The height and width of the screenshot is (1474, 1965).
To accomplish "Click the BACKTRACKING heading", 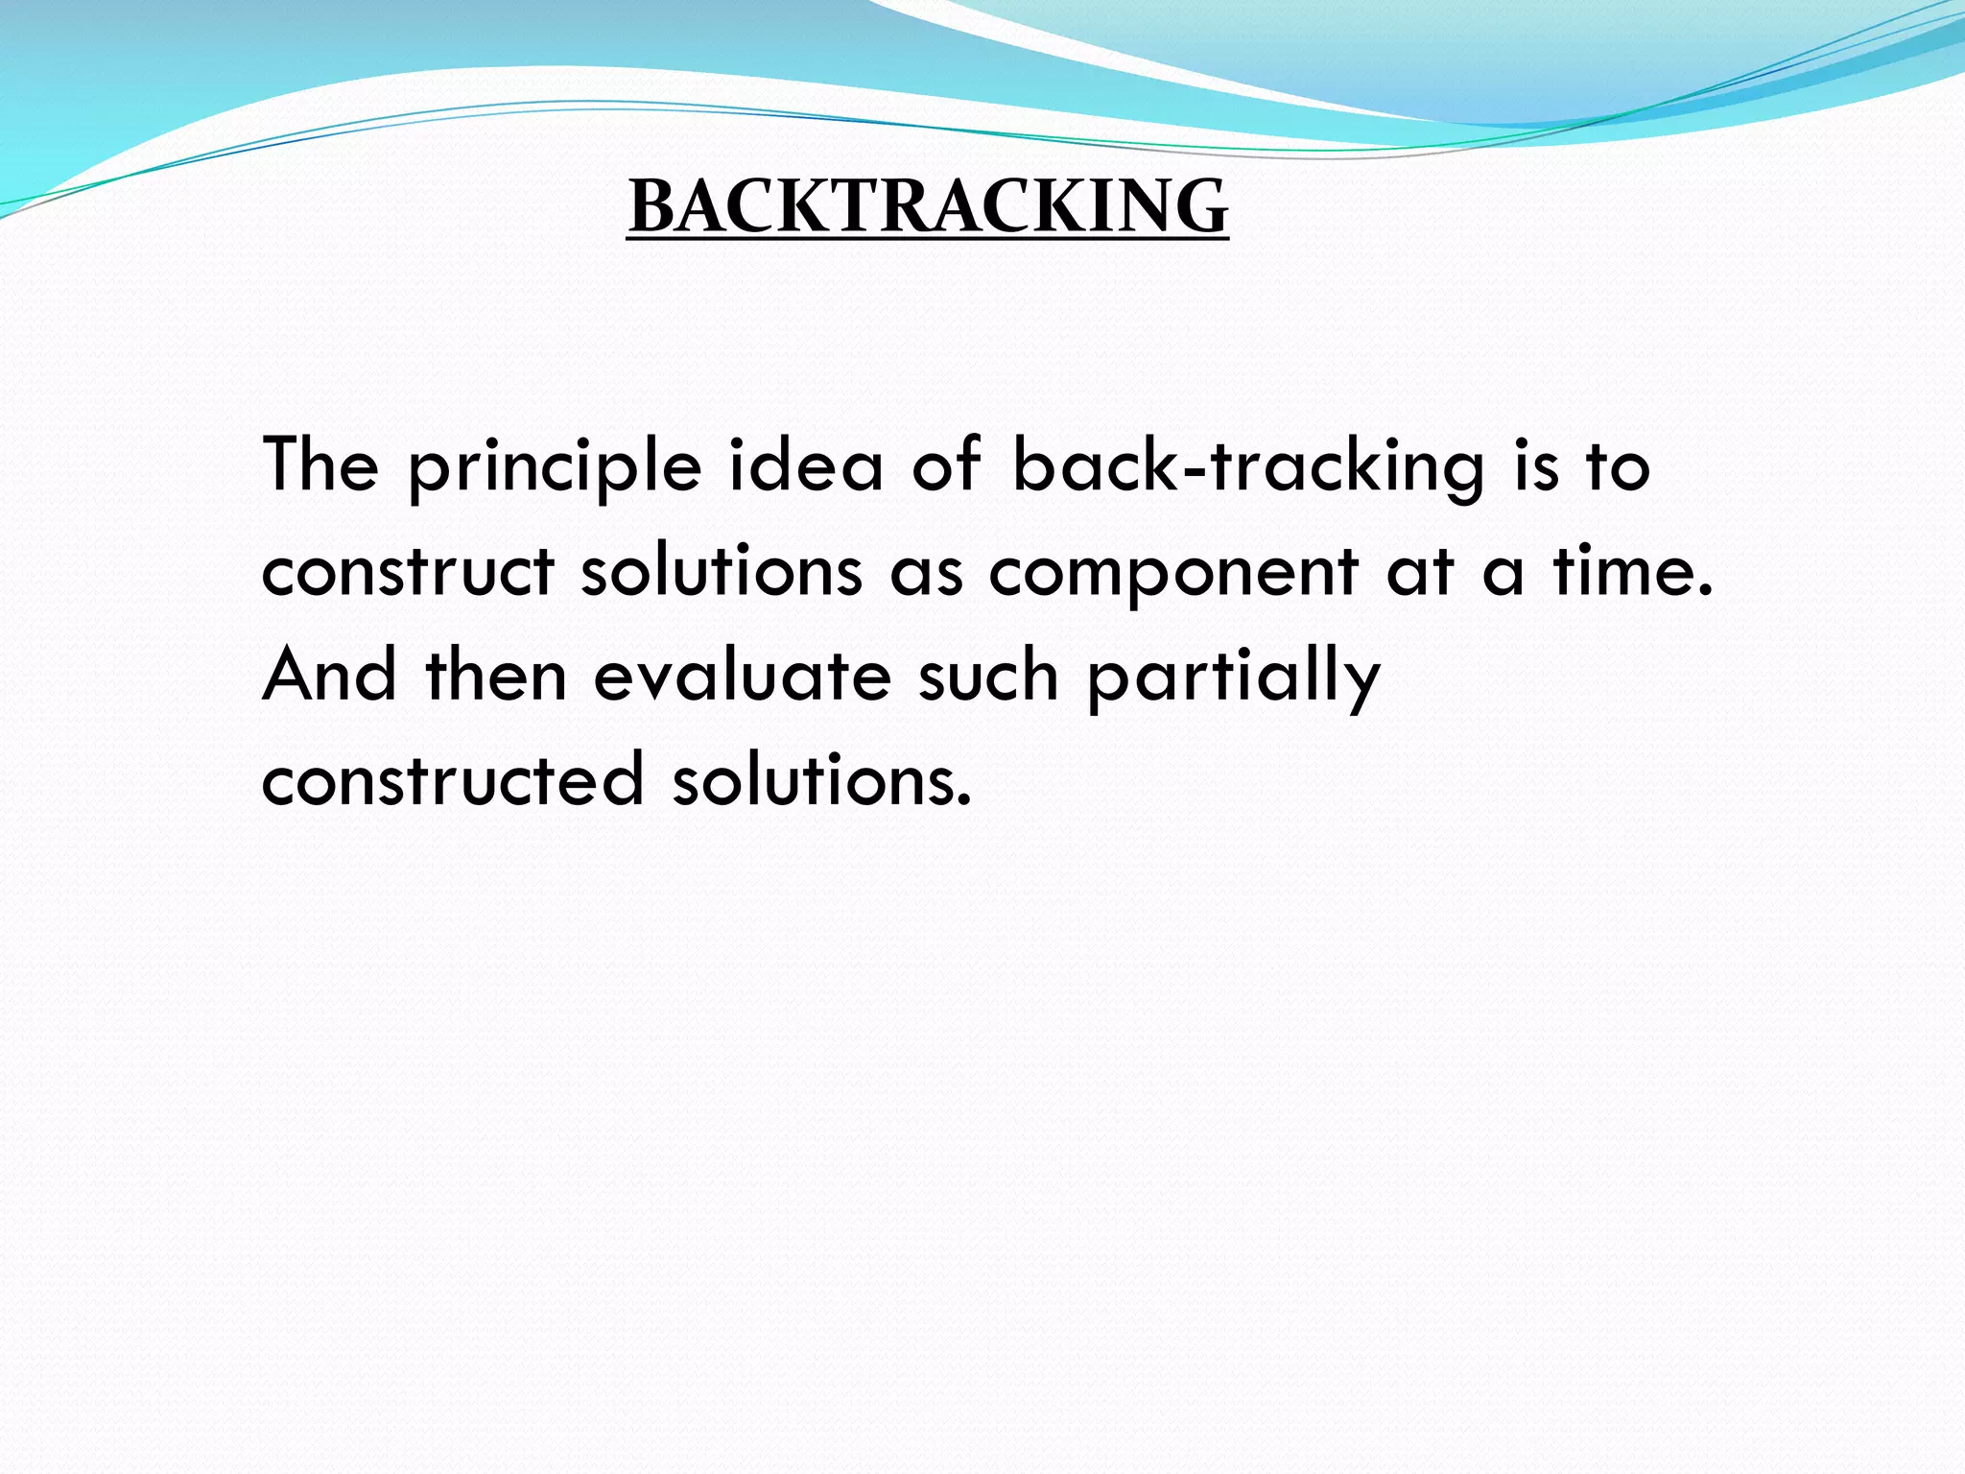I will pyautogui.click(x=928, y=206).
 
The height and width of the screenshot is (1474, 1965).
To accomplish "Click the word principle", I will pyautogui.click(x=556, y=467).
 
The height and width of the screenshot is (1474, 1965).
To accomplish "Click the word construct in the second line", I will pyautogui.click(x=408, y=571).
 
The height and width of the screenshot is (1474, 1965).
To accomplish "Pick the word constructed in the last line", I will pyautogui.click(x=452, y=779).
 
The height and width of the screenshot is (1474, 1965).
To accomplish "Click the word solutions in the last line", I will pyautogui.click(x=822, y=779).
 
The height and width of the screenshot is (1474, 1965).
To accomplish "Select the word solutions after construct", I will pyautogui.click(x=722, y=571).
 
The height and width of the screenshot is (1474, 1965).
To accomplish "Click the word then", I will pyautogui.click(x=496, y=675).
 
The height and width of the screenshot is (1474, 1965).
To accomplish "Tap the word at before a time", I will pyautogui.click(x=1420, y=572).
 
